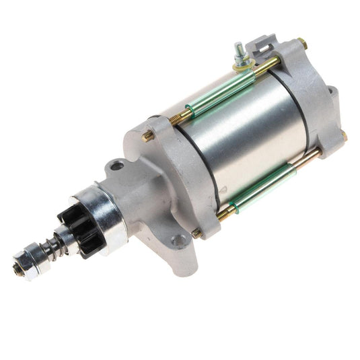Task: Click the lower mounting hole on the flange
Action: (x=178, y=240)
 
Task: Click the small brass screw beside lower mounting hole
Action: (x=196, y=233)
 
